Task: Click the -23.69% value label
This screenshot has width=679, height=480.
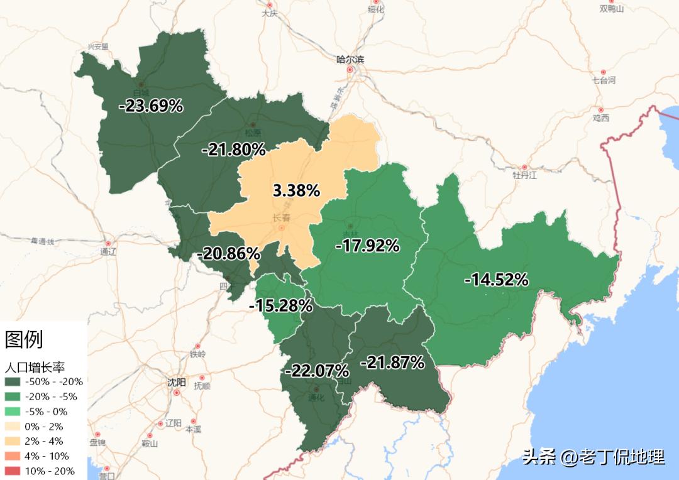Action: (x=151, y=106)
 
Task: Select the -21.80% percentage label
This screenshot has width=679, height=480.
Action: (x=233, y=150)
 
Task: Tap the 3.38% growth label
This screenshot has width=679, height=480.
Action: (x=296, y=190)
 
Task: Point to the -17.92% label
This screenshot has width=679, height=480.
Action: (x=367, y=246)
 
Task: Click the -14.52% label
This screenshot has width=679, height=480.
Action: (x=496, y=280)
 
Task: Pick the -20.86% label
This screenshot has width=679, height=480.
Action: (x=228, y=254)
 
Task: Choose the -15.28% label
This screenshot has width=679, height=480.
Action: (x=281, y=306)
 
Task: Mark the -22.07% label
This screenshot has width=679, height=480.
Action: (x=317, y=370)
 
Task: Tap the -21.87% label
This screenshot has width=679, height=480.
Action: (x=392, y=363)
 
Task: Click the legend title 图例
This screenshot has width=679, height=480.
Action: (x=24, y=339)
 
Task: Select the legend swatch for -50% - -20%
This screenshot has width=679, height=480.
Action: (x=13, y=382)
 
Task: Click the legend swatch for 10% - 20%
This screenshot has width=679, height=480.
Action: (x=13, y=471)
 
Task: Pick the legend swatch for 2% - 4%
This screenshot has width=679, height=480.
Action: (x=13, y=442)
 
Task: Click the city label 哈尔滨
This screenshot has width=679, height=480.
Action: (x=350, y=60)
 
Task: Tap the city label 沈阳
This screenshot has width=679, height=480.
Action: (x=177, y=382)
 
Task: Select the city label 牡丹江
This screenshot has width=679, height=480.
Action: (x=525, y=175)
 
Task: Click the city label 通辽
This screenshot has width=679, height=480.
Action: (x=108, y=251)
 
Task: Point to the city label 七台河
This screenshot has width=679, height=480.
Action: (x=604, y=80)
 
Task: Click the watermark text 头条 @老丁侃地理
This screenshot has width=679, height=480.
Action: (x=593, y=457)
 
